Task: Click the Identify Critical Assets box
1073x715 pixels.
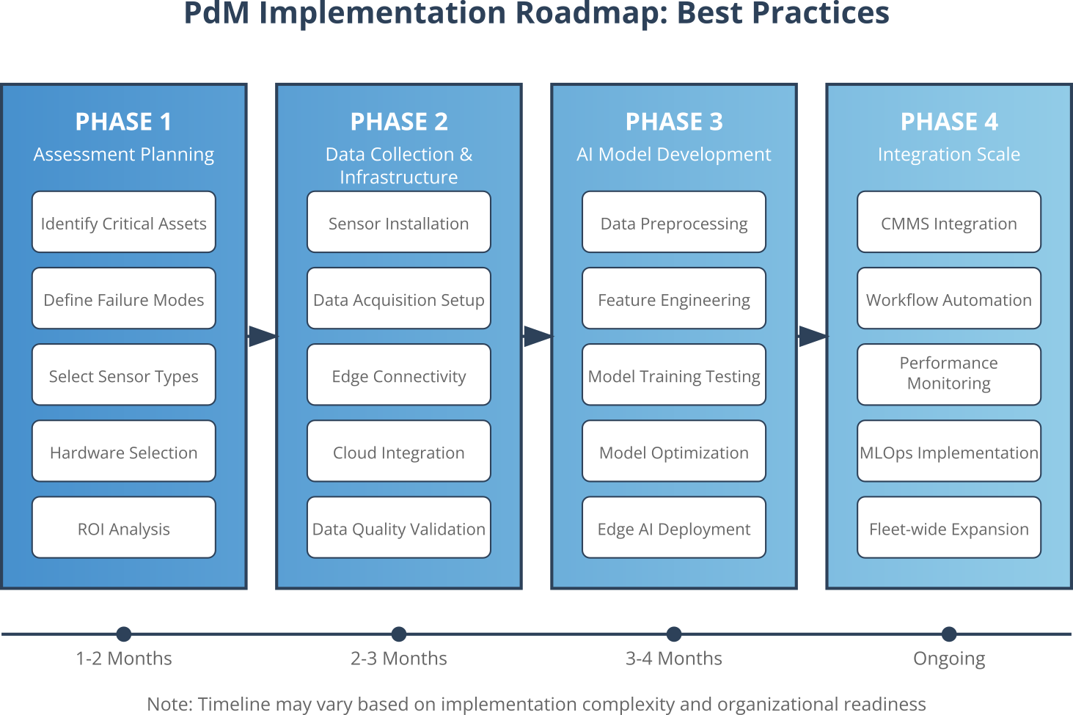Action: [x=124, y=223]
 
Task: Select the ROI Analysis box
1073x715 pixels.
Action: [x=124, y=528]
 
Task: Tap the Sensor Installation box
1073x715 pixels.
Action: [x=398, y=223]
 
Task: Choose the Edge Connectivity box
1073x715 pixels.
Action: [x=398, y=375]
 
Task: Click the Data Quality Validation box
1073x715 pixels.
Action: [x=398, y=528]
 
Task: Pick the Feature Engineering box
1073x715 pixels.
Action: [x=673, y=299]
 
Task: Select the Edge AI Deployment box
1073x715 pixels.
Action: [x=673, y=528]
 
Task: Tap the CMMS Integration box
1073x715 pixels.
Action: [x=948, y=223]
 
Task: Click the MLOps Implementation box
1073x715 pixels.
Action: [x=948, y=452]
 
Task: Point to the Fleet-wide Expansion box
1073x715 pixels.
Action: [x=948, y=528]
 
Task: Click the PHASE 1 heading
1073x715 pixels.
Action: [x=124, y=122]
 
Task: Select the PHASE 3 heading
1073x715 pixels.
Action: [x=673, y=122]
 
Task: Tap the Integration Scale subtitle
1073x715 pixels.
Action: [x=948, y=155]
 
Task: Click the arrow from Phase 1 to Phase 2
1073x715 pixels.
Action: [x=262, y=337]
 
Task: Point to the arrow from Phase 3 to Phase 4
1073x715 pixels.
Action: [x=812, y=337]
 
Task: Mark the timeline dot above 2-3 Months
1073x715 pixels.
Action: [x=398, y=634]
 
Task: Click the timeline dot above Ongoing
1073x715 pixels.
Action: [x=949, y=634]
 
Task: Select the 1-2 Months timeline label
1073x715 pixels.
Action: [x=124, y=659]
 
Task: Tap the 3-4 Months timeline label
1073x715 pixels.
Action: [x=673, y=659]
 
